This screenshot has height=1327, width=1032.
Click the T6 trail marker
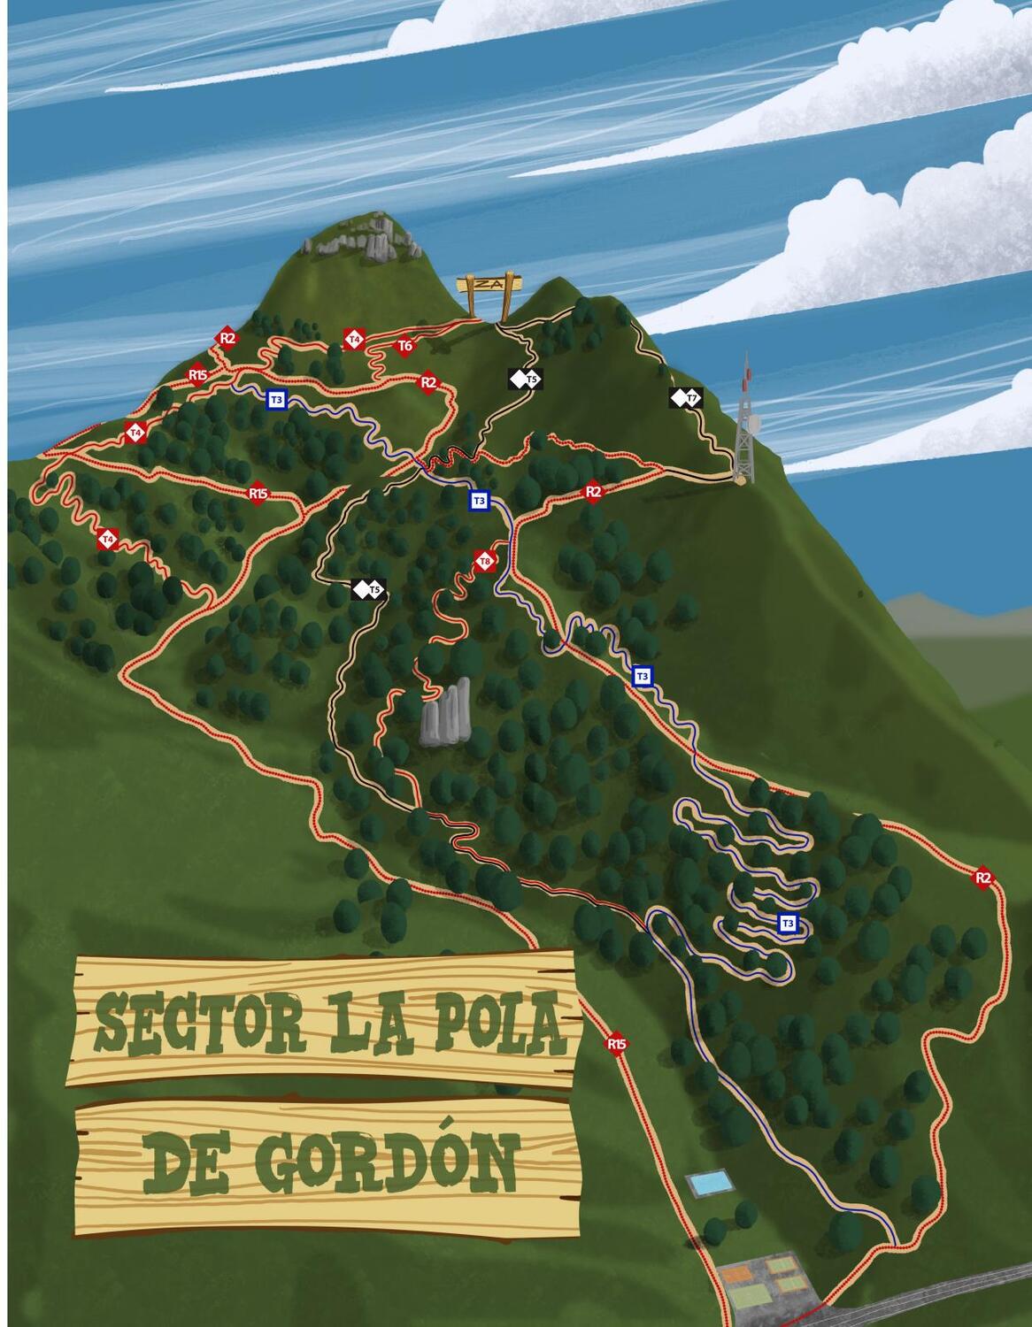(x=404, y=346)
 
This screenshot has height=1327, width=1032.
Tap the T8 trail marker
(x=484, y=561)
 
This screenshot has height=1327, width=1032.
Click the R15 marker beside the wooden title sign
(x=617, y=1044)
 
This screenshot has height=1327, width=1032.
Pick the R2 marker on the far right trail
(x=982, y=878)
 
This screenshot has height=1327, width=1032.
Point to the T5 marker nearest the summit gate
(x=525, y=380)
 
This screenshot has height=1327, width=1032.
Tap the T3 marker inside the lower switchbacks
(x=787, y=924)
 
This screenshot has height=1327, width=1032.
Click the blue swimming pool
(x=711, y=1183)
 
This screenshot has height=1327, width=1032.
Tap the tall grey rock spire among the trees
(x=446, y=713)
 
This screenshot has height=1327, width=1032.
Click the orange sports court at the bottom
(x=735, y=1275)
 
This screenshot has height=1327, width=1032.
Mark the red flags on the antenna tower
(x=749, y=380)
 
